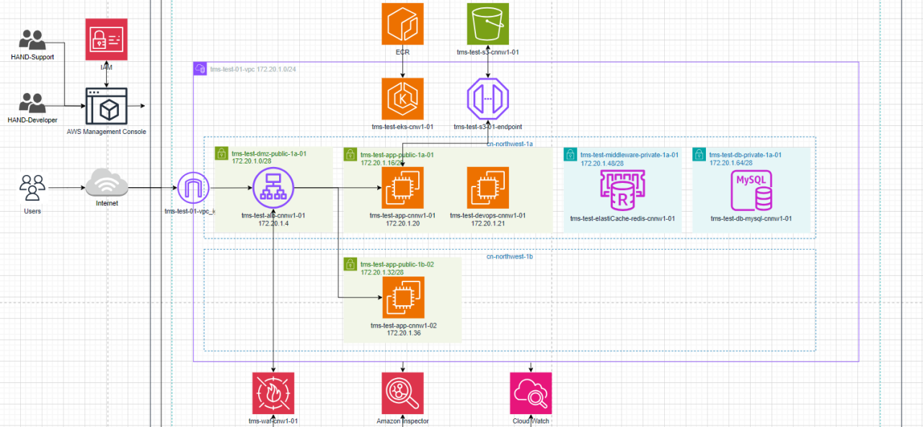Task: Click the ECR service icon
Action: coord(402,24)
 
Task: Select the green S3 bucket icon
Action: coord(488,24)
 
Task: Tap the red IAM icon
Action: coord(106,40)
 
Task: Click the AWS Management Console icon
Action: coord(106,107)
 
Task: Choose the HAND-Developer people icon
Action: coord(32,103)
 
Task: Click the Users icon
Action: coord(32,188)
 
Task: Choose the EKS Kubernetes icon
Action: coord(402,99)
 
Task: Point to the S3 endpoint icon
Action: coord(488,99)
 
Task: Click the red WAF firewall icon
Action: coord(273,393)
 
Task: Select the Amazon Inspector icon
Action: coord(402,393)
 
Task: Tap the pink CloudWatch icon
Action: coord(531,393)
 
